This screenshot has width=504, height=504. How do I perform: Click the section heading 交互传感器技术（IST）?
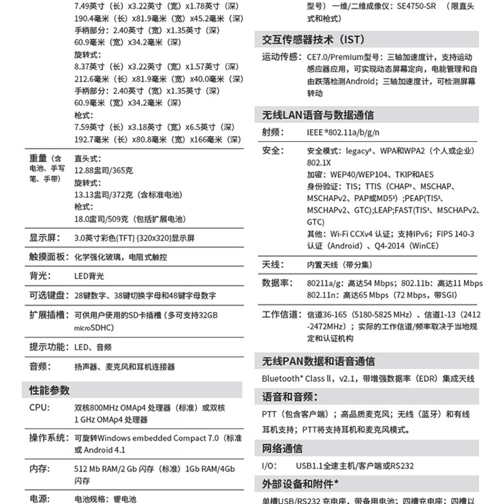313,40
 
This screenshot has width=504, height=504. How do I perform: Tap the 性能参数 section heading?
50,391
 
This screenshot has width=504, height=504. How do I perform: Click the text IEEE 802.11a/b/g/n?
343,132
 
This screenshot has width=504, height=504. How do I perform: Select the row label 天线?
273,264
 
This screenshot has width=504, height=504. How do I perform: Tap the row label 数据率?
277,283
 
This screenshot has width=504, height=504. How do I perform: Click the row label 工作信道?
280,314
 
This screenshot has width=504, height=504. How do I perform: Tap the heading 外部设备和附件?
301,484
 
